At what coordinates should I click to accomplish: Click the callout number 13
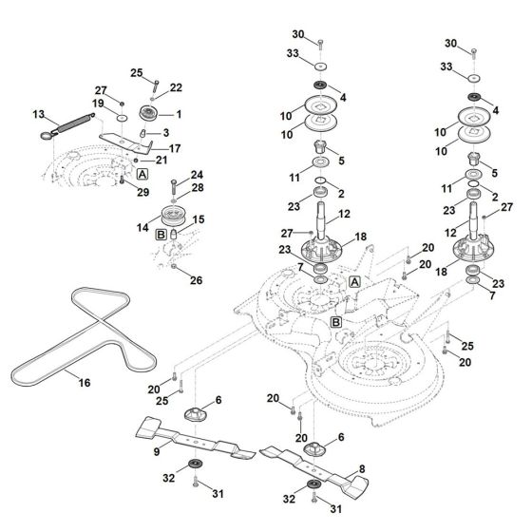39,114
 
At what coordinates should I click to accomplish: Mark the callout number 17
175,148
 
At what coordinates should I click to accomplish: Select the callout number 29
144,193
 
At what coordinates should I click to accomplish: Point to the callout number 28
197,188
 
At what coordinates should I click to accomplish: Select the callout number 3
166,132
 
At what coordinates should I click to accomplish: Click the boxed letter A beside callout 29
142,176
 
